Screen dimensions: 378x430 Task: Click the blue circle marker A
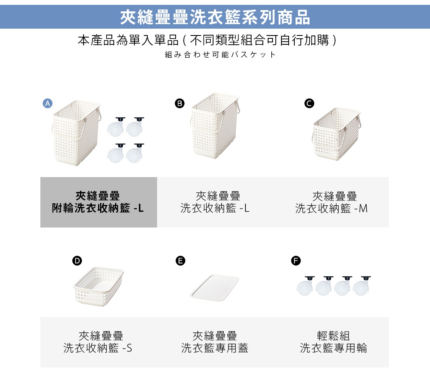point(48,103)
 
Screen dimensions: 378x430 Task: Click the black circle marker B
point(180,103)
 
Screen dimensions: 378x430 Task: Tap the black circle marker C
point(309,103)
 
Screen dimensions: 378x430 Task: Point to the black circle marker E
point(180,261)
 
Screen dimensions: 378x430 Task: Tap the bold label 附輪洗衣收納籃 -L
point(98,208)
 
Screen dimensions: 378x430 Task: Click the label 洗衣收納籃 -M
point(331,208)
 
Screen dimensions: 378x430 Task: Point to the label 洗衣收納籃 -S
point(98,348)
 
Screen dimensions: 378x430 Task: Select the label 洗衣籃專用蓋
point(214,348)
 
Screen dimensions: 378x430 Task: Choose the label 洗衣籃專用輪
point(333,348)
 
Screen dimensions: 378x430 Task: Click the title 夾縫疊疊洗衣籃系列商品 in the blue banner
point(215,17)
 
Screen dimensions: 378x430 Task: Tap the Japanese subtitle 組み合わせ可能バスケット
point(220,54)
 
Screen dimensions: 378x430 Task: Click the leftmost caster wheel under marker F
point(305,286)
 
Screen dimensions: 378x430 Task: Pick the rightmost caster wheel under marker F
point(362,286)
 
